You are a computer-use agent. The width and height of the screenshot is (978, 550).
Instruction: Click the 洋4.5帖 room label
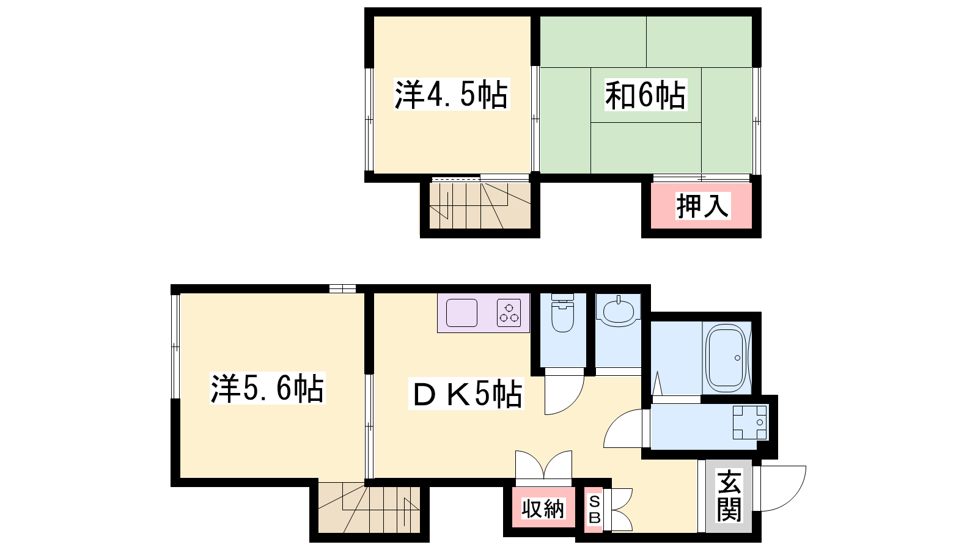coord(452,94)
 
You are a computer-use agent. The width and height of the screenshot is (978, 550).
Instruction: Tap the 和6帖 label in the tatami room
coord(645,94)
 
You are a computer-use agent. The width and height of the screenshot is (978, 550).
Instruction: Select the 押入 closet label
coord(702,205)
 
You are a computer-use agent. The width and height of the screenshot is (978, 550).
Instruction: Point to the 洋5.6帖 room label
coord(268,388)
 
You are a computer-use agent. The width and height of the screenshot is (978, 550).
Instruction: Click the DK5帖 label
coord(466,394)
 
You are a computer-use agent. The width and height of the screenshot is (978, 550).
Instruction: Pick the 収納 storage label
coord(543,508)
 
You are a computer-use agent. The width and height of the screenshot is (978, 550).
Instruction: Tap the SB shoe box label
coord(594,509)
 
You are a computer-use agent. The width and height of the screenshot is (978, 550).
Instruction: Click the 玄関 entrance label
coord(729,496)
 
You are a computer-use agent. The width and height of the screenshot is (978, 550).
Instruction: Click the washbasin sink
coord(618,311)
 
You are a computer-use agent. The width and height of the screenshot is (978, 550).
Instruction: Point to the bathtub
coord(727,358)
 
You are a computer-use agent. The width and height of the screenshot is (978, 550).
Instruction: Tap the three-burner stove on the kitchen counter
coord(509,313)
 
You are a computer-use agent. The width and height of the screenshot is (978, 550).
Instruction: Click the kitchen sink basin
coord(461,313)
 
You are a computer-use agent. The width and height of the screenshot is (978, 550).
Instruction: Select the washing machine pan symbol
coord(749,422)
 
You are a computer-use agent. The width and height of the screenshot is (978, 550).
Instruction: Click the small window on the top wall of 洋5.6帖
coord(342,288)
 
